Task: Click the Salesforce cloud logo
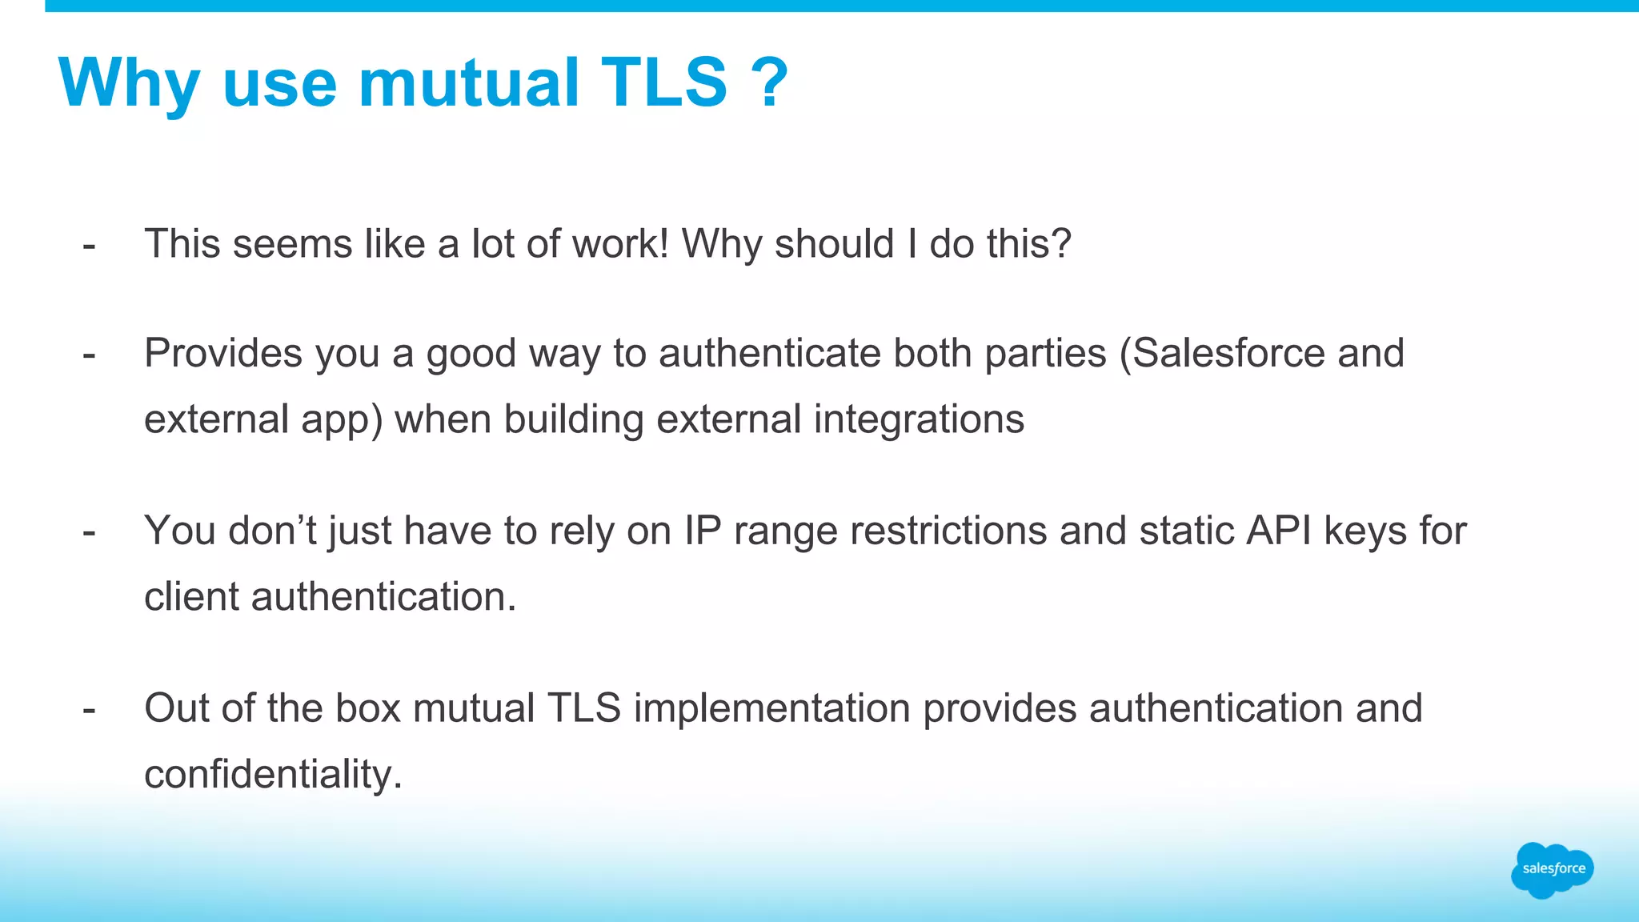[1552, 869]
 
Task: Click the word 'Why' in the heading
[129, 83]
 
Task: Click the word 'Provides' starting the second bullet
[222, 353]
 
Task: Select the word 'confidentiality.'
[273, 775]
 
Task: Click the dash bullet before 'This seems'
[89, 245]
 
